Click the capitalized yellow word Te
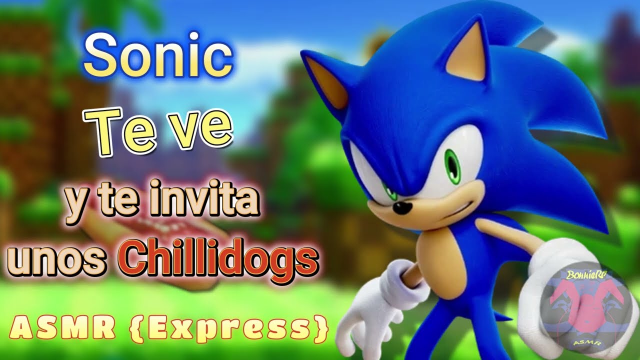click(x=125, y=131)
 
